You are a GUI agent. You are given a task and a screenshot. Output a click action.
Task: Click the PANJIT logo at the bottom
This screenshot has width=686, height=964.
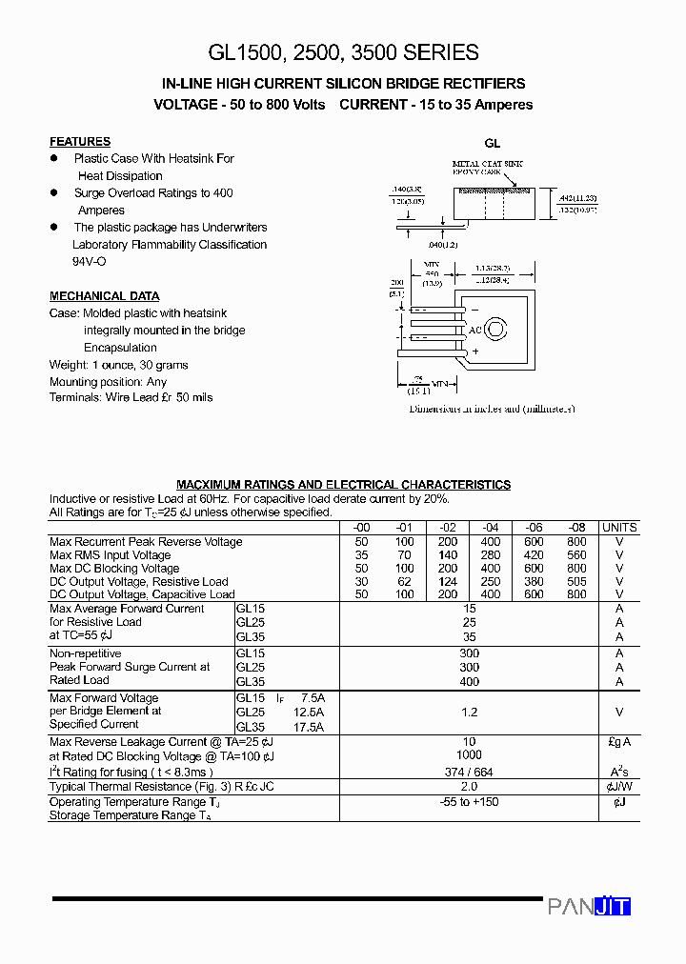(x=589, y=906)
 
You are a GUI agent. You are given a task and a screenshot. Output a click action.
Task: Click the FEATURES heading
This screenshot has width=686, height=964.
(x=80, y=141)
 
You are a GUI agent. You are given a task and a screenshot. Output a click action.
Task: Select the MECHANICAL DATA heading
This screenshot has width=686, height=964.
(x=104, y=296)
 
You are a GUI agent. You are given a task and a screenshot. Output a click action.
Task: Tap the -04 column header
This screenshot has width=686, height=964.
(x=491, y=528)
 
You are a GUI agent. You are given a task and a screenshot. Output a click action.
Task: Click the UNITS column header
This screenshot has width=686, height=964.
(x=619, y=528)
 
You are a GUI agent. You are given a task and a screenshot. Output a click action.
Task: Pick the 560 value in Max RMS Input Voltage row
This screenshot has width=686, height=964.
(x=576, y=554)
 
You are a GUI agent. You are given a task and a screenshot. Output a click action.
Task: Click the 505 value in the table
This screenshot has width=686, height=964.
(x=576, y=581)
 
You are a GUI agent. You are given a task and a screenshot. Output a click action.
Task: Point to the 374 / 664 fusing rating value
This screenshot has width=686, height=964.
(x=469, y=772)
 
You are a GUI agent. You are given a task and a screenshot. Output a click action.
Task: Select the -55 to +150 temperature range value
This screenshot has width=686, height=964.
(x=469, y=802)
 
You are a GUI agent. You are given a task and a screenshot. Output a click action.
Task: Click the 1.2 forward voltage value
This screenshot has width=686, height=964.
(x=469, y=712)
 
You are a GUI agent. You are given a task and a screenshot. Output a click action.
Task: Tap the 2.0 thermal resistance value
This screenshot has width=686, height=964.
(x=469, y=787)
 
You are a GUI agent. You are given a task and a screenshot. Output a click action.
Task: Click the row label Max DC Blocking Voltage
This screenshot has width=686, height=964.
(x=114, y=568)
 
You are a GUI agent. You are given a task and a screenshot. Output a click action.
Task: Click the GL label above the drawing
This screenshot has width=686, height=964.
(x=492, y=144)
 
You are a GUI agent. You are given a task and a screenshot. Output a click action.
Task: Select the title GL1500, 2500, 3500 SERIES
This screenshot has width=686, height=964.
(x=343, y=52)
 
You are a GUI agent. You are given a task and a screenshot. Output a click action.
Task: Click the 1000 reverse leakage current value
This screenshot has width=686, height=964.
(x=469, y=755)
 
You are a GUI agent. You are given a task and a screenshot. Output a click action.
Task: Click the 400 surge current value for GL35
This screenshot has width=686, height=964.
(x=469, y=682)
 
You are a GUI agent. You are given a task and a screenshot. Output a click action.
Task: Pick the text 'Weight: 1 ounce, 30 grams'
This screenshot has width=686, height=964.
(x=119, y=365)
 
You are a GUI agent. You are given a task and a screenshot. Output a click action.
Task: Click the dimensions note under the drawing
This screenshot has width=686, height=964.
(x=492, y=409)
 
